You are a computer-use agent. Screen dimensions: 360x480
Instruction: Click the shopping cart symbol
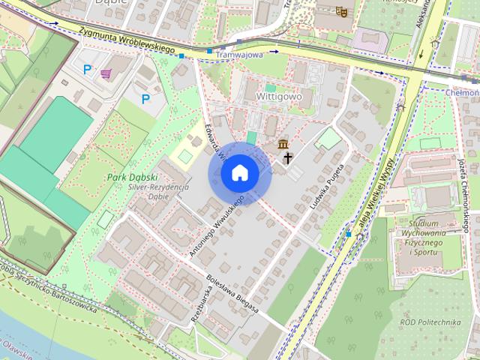(106, 73)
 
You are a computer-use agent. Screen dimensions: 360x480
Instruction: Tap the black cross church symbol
(288, 157)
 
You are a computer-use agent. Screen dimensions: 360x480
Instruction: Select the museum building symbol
(283, 143)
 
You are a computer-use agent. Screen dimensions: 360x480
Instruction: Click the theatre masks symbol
(341, 11)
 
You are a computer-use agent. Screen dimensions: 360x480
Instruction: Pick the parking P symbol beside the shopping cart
(88, 70)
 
